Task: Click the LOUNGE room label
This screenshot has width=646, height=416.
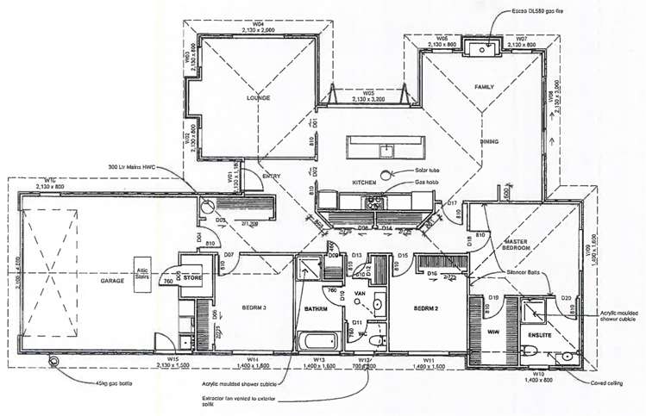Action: tap(259, 98)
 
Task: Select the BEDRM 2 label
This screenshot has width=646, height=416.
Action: tap(429, 307)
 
